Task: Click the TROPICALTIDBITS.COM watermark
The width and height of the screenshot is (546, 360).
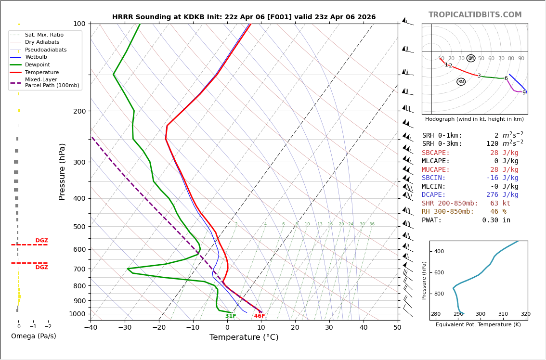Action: pos(475,15)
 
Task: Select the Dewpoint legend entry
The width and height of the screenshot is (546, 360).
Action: pos(37,64)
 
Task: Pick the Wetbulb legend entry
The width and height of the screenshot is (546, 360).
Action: pos(36,57)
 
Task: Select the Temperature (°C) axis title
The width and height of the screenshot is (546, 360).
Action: pos(244,337)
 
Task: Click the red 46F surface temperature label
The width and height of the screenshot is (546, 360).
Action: pos(260,316)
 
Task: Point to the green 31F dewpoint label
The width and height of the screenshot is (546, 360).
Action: pos(231,316)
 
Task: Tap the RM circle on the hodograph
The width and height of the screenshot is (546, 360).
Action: pos(461,82)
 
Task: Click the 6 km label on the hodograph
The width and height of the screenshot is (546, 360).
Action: pos(506,78)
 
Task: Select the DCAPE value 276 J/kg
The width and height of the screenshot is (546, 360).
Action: pos(502,195)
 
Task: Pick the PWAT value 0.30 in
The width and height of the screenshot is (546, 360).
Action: pos(496,220)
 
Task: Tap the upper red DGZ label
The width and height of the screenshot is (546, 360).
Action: pos(41,241)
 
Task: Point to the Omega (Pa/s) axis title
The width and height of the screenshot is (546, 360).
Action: pos(33,336)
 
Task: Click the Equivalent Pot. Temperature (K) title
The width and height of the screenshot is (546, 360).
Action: pos(478,325)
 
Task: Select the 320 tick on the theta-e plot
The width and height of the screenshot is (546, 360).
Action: pos(525,314)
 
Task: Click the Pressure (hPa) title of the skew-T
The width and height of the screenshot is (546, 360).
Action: pos(62,171)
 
